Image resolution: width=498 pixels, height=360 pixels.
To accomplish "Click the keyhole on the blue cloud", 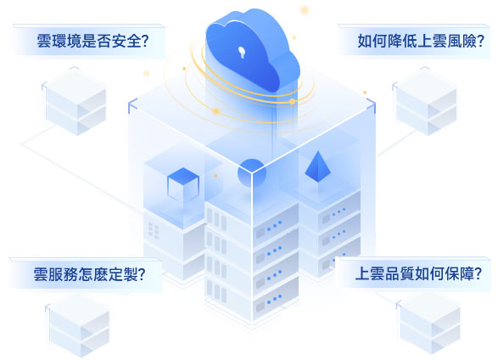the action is (x=242, y=53).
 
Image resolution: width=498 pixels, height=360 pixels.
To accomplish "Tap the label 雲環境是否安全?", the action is (x=92, y=41).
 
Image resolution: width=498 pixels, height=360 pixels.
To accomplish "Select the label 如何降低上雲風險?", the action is (x=421, y=41).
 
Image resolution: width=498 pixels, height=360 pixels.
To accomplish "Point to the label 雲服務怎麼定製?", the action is (x=89, y=274).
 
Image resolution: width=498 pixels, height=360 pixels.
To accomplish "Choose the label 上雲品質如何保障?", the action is (x=418, y=273).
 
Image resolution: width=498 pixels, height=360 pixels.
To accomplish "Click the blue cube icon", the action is (x=183, y=185).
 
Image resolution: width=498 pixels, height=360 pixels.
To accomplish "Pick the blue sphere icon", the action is (x=251, y=173).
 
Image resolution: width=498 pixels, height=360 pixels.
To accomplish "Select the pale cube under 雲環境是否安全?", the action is (x=76, y=102).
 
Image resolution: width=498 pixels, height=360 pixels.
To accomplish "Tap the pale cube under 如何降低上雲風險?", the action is (x=426, y=102).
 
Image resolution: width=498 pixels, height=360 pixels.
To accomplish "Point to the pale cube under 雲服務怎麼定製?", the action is (x=79, y=326).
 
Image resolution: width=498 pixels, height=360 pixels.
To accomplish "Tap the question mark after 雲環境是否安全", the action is (x=144, y=41).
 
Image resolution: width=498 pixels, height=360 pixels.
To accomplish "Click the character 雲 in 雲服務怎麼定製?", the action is (x=41, y=274).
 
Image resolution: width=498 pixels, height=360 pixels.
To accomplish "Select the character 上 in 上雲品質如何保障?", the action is (x=362, y=273).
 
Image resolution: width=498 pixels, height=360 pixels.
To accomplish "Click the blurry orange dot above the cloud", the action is (x=305, y=10).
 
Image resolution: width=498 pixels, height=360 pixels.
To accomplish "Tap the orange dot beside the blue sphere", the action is (x=215, y=176).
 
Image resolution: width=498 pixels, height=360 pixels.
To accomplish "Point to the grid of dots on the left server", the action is (x=154, y=231).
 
